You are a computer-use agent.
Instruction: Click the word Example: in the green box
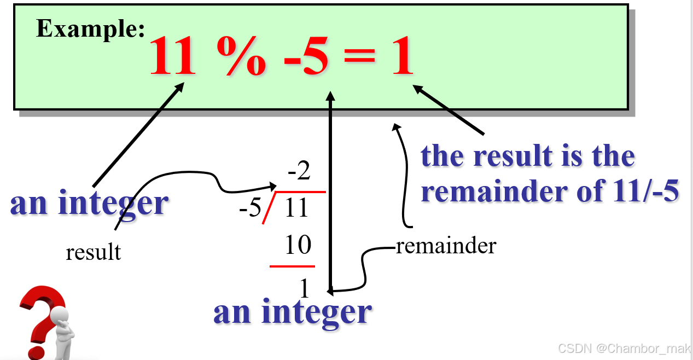(x=90, y=29)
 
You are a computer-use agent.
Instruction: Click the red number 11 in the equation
(x=172, y=56)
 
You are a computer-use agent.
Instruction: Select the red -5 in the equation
(x=306, y=56)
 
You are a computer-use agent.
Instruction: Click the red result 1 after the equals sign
(x=401, y=56)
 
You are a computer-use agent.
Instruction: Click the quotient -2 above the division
(x=299, y=172)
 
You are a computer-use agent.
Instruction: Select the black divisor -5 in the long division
(x=251, y=209)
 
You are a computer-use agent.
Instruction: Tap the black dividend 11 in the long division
(x=296, y=209)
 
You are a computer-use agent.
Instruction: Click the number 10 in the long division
(x=298, y=245)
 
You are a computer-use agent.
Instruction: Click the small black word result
(x=93, y=253)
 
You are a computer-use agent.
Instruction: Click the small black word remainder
(x=446, y=246)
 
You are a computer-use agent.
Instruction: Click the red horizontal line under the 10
(x=292, y=266)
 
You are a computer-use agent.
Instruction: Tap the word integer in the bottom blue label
(x=317, y=312)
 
